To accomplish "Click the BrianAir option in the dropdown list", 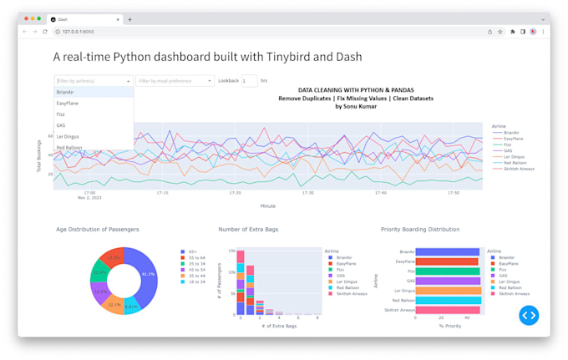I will tap(66, 92).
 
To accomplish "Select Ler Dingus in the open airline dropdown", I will tap(68, 136).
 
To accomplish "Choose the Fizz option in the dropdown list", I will tap(61, 114).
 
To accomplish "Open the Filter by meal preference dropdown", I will tap(175, 81).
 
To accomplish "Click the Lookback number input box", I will tap(249, 81).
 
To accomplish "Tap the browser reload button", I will tap(45, 32).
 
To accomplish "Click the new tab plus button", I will tap(129, 19).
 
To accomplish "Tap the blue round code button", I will tap(529, 315).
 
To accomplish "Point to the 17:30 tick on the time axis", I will tap(308, 192).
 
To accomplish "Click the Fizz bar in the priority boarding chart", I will tap(446, 271).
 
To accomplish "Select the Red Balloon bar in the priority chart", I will tap(446, 300).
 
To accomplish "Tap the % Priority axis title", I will tap(449, 325).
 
